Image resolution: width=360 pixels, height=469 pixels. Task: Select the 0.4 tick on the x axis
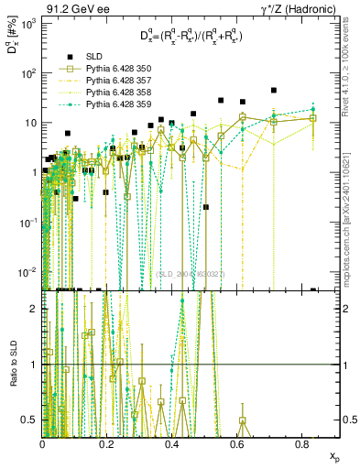pyautogui.click(x=172, y=444)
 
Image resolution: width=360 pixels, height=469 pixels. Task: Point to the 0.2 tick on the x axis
pyautogui.click(x=107, y=444)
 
